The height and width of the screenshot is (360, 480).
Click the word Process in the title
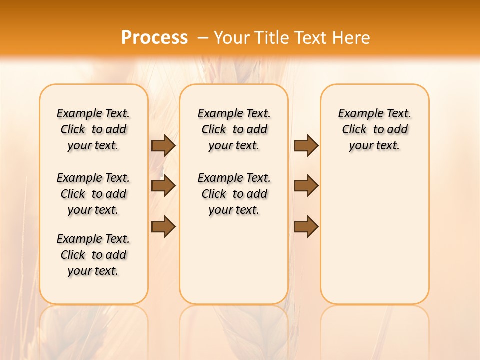coord(154,38)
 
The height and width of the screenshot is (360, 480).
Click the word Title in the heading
coord(272,38)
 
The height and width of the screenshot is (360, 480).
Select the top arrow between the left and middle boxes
coord(163,145)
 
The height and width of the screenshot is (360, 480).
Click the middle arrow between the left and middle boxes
coord(163,186)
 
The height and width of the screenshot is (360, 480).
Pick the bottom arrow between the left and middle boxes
coord(163,226)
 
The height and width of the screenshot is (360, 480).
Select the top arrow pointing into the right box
coord(306,145)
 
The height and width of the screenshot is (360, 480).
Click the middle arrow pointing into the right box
coord(306,186)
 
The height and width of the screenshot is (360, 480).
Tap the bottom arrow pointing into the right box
coord(306,226)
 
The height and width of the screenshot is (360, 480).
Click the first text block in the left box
coord(93,129)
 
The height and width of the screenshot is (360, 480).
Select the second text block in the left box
coord(93,194)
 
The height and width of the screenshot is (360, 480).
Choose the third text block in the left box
coord(93,255)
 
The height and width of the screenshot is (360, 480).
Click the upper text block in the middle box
coord(234,129)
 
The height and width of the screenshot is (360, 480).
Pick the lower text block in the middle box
coord(234,194)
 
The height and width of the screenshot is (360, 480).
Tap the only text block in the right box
coord(374,129)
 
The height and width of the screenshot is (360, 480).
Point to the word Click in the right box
coord(354,130)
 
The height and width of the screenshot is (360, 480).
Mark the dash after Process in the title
coord(203,38)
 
